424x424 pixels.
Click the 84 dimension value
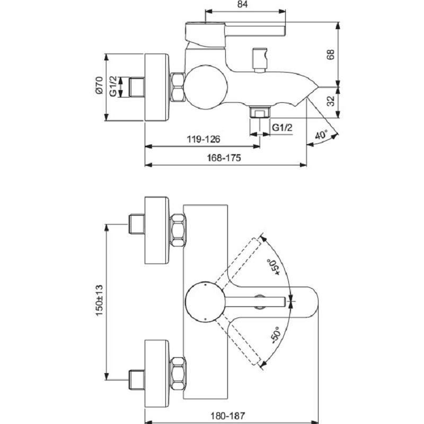pyautogui.click(x=243, y=5)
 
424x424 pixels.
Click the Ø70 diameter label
pyautogui.click(x=98, y=86)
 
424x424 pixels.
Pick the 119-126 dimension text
pyautogui.click(x=203, y=139)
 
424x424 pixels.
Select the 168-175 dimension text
pyautogui.click(x=225, y=157)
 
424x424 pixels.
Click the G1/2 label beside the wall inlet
pyautogui.click(x=113, y=86)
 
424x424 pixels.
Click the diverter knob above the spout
pyautogui.click(x=259, y=58)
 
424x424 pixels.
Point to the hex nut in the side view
pyautogui.click(x=178, y=87)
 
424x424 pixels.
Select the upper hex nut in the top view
pyautogui.click(x=178, y=229)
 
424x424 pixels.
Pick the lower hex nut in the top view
pyautogui.click(x=178, y=373)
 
